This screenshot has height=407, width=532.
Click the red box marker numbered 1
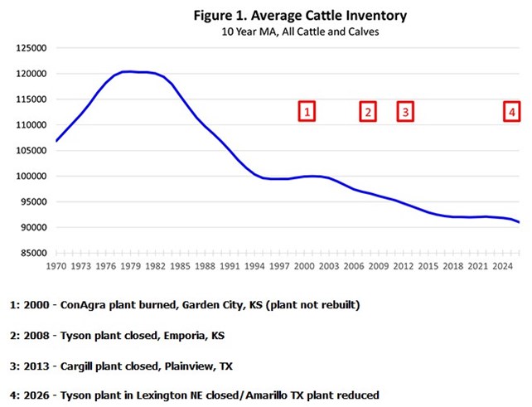(x=307, y=111)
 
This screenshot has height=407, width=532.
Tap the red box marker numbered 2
(x=368, y=111)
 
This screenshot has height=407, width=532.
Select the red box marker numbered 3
(x=404, y=111)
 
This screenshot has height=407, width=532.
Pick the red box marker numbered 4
(x=512, y=111)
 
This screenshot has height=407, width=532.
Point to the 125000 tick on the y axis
(x=31, y=48)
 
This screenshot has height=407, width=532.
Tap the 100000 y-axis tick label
(x=31, y=176)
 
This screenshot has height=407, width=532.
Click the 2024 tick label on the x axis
(x=501, y=266)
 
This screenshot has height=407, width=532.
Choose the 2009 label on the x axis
(x=379, y=266)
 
